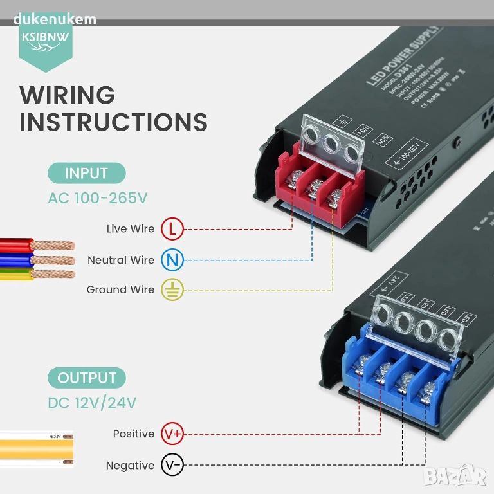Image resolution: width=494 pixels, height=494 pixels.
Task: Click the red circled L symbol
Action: pyautogui.click(x=172, y=228)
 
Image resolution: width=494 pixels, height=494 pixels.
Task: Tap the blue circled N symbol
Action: pyautogui.click(x=172, y=260)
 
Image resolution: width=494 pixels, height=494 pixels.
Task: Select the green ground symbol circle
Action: pyautogui.click(x=172, y=289)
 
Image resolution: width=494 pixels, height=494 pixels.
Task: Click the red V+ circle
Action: pyautogui.click(x=172, y=434)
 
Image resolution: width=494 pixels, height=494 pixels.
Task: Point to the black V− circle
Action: pyautogui.click(x=172, y=465)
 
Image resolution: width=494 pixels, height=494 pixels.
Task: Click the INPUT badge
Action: pyautogui.click(x=86, y=173)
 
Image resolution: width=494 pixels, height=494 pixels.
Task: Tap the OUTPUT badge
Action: pyautogui.click(x=87, y=378)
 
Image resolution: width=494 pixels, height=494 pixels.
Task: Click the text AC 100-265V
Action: pyautogui.click(x=98, y=197)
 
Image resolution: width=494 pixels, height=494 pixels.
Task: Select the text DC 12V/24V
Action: pyautogui.click(x=92, y=403)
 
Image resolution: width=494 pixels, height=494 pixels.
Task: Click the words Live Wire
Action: pyautogui.click(x=131, y=229)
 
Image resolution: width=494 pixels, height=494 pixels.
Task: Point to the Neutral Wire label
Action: pyautogui.click(x=121, y=261)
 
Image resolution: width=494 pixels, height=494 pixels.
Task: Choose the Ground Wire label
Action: pyautogui.click(x=120, y=290)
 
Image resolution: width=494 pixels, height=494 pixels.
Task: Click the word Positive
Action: pyautogui.click(x=134, y=434)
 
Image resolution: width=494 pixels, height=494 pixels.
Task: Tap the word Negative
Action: pyautogui.click(x=131, y=466)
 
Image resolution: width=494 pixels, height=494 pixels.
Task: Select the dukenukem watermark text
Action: pyautogui.click(x=54, y=19)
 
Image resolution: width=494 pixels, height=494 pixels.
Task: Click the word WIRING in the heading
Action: pyautogui.click(x=68, y=95)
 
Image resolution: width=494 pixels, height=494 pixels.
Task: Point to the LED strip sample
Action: pyautogui.click(x=37, y=448)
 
